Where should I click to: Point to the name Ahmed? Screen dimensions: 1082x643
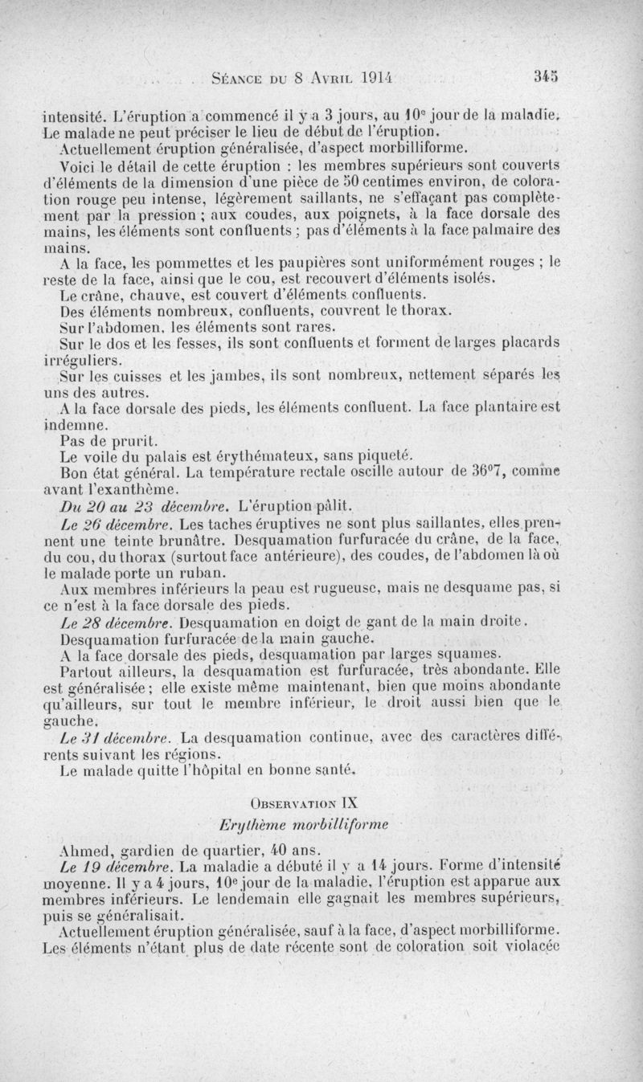click(x=84, y=850)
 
